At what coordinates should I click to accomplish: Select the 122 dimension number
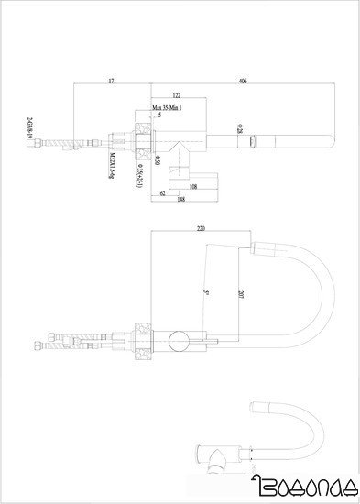[x=175, y=96]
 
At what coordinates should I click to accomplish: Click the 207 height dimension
[x=240, y=295]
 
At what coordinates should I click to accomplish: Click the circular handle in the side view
[x=180, y=344]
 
